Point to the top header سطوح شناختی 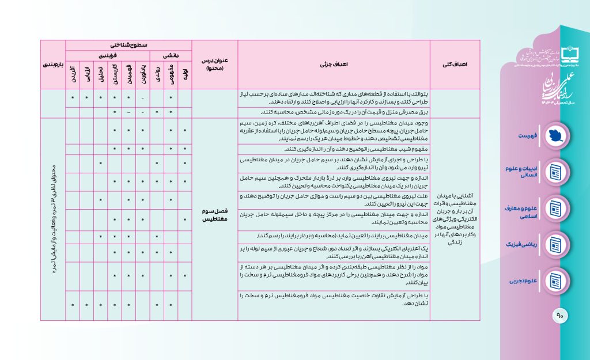(128, 45)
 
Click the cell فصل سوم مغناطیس (214, 215)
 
